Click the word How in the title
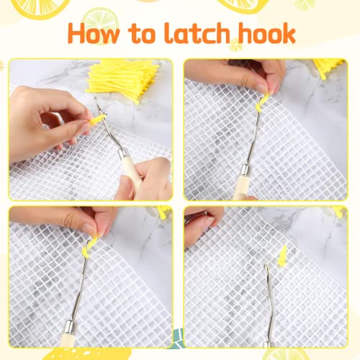(106, 34)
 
